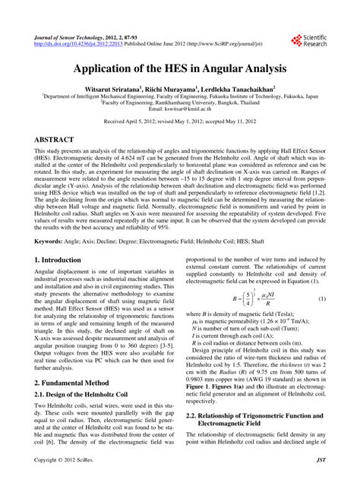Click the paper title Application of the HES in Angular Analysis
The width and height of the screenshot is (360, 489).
point(180,68)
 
